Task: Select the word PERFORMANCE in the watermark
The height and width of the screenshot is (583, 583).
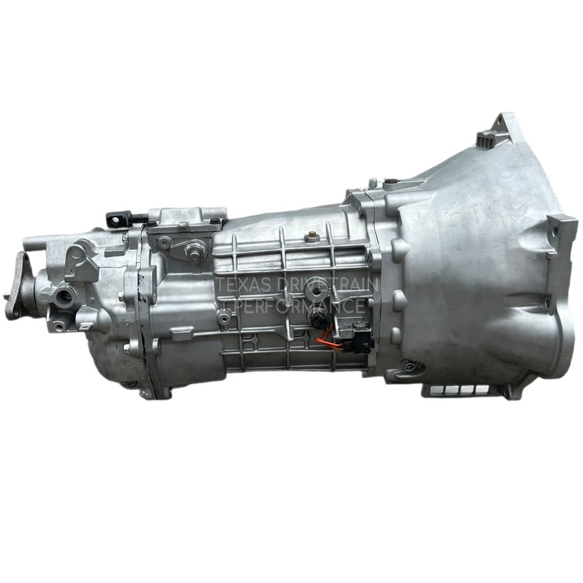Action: point(300,306)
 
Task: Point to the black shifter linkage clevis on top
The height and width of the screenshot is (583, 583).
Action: point(119,217)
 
